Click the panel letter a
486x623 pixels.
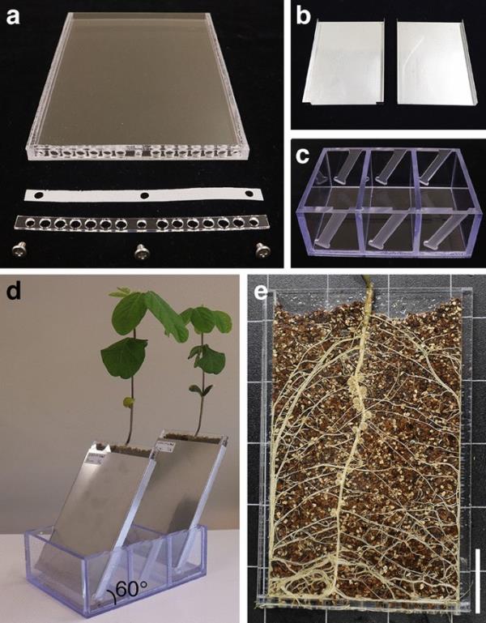[x=13, y=17]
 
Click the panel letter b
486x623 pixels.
[x=304, y=16]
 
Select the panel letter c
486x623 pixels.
[x=303, y=156]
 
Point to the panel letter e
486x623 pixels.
[x=261, y=292]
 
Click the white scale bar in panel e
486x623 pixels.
[x=477, y=581]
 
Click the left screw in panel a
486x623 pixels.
[x=19, y=250]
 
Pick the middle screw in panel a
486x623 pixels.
[x=141, y=251]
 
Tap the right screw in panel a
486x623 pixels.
[x=263, y=250]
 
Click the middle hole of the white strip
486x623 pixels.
[x=145, y=195]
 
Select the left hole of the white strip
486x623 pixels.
[x=39, y=195]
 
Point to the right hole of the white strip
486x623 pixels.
[x=249, y=194]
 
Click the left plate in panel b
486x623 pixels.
[x=343, y=62]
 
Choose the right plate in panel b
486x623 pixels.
[x=436, y=62]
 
